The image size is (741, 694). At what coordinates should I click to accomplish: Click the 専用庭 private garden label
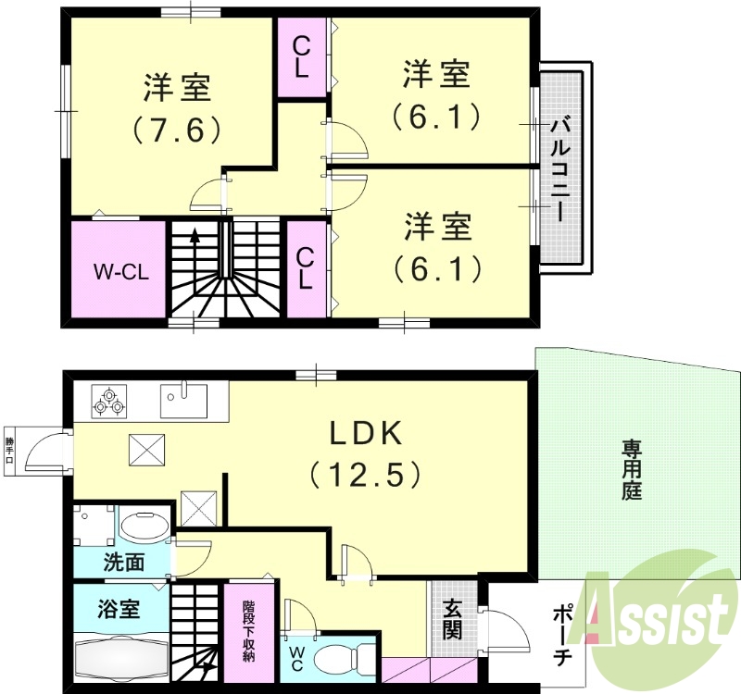[632, 470]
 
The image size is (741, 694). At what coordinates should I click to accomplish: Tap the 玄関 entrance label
[452, 618]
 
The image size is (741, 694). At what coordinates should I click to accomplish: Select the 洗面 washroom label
[123, 561]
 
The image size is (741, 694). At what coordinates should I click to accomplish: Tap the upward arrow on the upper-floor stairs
[195, 237]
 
